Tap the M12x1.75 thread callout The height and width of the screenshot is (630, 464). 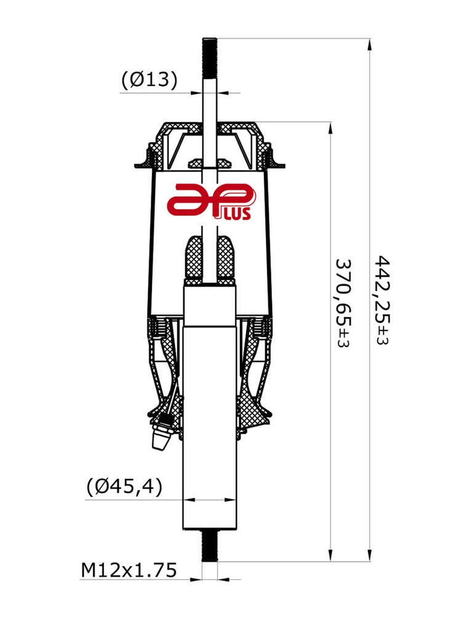tap(129, 570)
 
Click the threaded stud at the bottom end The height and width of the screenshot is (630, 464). tap(210, 546)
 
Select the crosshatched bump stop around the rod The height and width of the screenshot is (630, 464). tap(210, 258)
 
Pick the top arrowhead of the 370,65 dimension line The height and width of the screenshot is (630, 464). tap(332, 128)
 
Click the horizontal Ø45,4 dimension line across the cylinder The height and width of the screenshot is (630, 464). tap(210, 500)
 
